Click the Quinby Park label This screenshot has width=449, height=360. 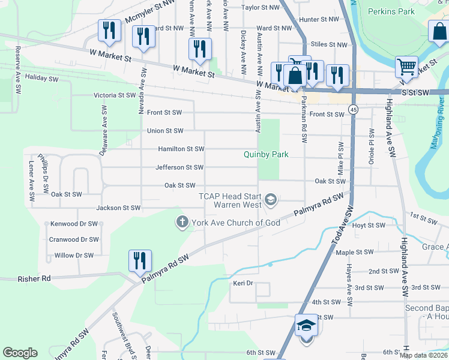pos(266,154)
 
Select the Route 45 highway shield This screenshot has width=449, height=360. pos(354,110)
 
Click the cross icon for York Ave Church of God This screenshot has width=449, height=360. pos(182,223)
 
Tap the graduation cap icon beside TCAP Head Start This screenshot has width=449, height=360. pos(271,200)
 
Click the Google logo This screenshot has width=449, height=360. pos(20,353)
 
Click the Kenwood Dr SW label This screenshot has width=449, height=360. pos(74,224)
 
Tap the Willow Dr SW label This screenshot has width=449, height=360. pos(74,255)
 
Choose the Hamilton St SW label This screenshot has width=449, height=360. pos(181,149)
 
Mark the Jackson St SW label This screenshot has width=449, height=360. pos(118,208)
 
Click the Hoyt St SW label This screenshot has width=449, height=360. pos(367,226)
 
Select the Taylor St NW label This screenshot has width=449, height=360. pos(261,8)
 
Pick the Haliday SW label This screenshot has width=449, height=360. pos(42,79)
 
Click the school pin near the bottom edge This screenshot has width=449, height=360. pos(306,326)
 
